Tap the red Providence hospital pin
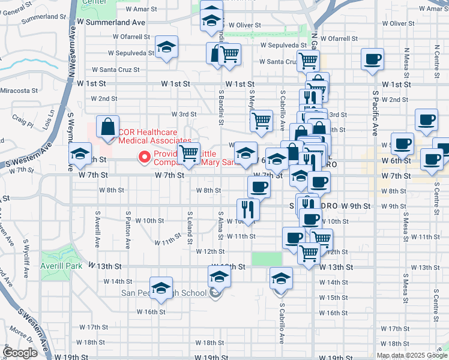(144, 158)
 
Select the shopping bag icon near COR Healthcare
(107, 127)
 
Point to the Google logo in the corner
(20, 353)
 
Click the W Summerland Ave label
(112, 22)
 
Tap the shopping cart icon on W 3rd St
(261, 121)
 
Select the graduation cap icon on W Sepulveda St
(166, 47)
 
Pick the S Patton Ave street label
(128, 229)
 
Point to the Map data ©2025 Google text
(412, 355)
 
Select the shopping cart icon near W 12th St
(309, 253)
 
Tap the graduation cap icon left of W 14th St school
(160, 289)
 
